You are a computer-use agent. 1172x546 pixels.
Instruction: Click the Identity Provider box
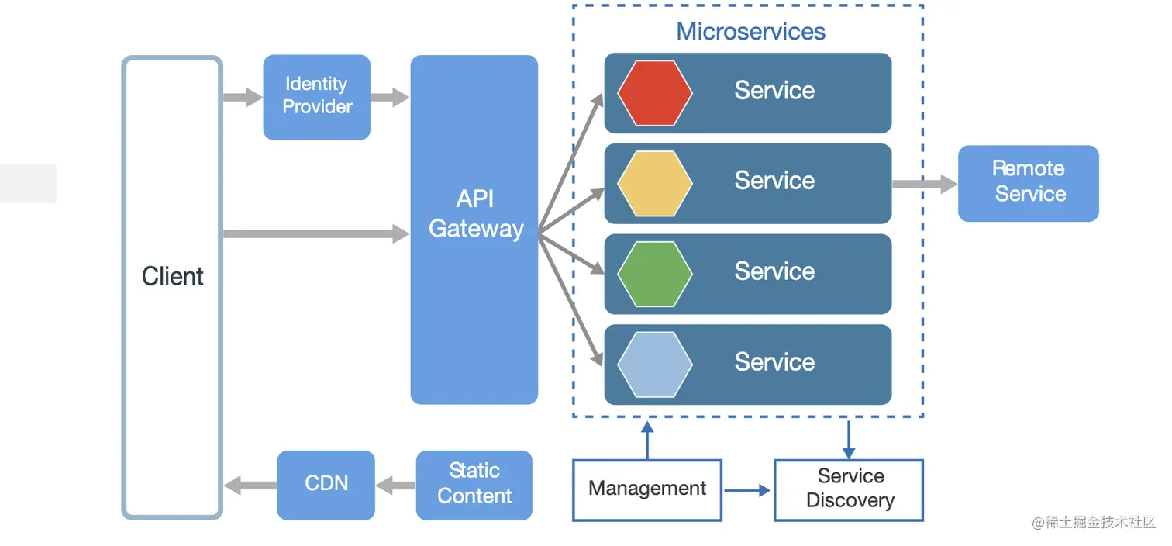[x=316, y=97]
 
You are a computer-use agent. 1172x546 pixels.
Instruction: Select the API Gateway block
[x=474, y=230]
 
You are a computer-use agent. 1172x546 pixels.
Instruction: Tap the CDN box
[x=326, y=485]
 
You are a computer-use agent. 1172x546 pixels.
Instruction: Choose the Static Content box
[x=474, y=485]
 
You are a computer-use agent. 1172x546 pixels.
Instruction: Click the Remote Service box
[x=1028, y=183]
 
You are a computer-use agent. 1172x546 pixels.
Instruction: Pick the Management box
[x=646, y=489]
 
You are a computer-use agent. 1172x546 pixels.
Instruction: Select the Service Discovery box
[x=849, y=489]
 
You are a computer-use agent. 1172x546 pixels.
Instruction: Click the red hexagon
[x=654, y=93]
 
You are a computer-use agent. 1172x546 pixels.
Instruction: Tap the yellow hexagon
[x=654, y=183]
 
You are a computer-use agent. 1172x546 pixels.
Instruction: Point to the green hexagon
[x=654, y=274]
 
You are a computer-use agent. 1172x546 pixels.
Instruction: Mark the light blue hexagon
[x=654, y=364]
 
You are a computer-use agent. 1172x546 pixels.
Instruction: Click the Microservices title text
[x=750, y=32]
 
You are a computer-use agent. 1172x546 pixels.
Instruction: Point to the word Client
[x=172, y=276]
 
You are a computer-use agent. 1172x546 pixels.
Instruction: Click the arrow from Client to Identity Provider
[x=243, y=98]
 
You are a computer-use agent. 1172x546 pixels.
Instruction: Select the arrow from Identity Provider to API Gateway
[x=389, y=98]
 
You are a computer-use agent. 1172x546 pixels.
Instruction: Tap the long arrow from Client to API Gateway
[x=315, y=233]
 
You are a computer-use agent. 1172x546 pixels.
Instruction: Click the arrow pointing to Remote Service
[x=924, y=185]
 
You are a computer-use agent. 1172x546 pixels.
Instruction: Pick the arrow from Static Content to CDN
[x=396, y=486]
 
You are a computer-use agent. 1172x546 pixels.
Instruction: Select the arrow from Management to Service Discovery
[x=747, y=490]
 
